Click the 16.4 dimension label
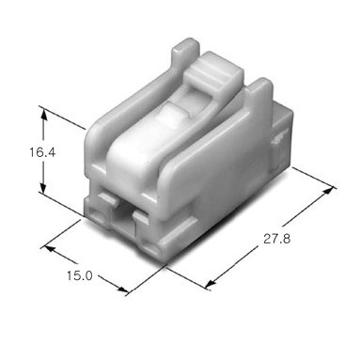click(42, 152)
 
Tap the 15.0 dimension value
click(80, 275)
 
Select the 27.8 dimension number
click(276, 239)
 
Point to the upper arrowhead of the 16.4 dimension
click(43, 115)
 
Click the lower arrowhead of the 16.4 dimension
click(43, 187)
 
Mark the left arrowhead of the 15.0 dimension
click(50, 249)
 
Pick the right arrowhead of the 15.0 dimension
click(121, 289)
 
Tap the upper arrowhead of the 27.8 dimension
click(328, 191)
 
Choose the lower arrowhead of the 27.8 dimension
click(211, 283)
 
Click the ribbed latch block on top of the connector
click(214, 72)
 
